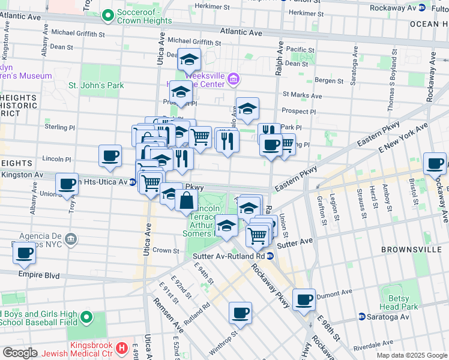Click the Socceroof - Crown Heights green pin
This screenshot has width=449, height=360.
coord(107,14)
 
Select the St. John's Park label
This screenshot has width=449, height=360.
coord(96,85)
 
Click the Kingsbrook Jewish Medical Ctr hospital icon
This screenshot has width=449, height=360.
coord(122,347)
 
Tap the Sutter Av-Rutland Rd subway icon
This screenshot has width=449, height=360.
coord(271,256)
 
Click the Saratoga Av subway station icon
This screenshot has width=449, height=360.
coord(362,316)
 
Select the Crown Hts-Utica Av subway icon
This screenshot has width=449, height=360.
coord(131,182)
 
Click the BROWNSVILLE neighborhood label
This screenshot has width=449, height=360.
coord(412,248)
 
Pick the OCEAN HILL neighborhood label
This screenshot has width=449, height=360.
coord(429,23)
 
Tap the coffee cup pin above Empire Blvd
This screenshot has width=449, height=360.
coord(25,253)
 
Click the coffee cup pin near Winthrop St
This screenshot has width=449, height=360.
coord(240,313)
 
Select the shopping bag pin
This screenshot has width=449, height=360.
coord(186,200)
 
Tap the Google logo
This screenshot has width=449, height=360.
coord(20,353)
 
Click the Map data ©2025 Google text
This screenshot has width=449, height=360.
coord(412,355)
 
